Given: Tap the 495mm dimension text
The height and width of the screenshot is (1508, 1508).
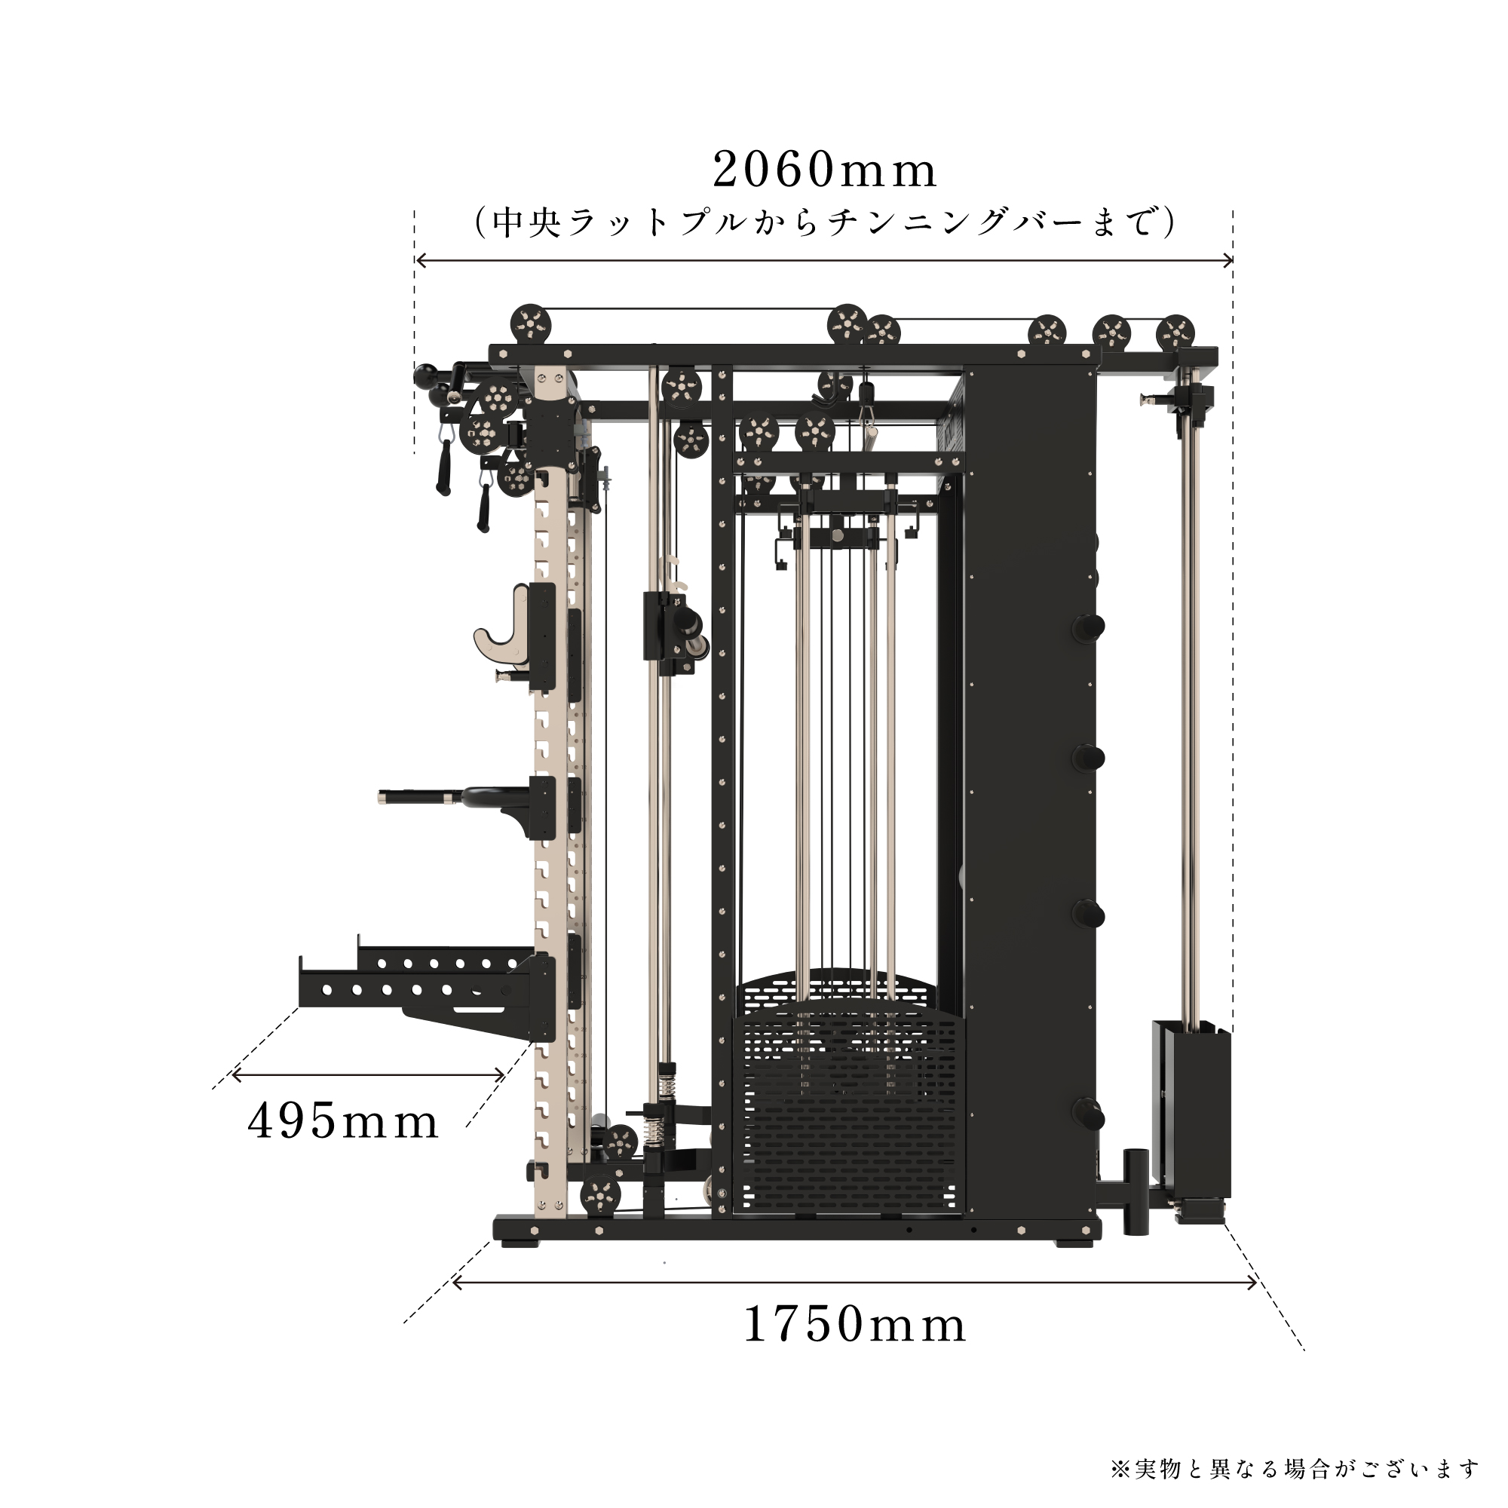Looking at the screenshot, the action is (342, 1122).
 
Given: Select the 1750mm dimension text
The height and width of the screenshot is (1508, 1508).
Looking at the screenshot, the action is (854, 1325).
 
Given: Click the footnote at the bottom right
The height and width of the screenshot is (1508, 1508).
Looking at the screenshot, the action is (1295, 1468).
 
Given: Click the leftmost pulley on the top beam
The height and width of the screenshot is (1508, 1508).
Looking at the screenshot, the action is (531, 323).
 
